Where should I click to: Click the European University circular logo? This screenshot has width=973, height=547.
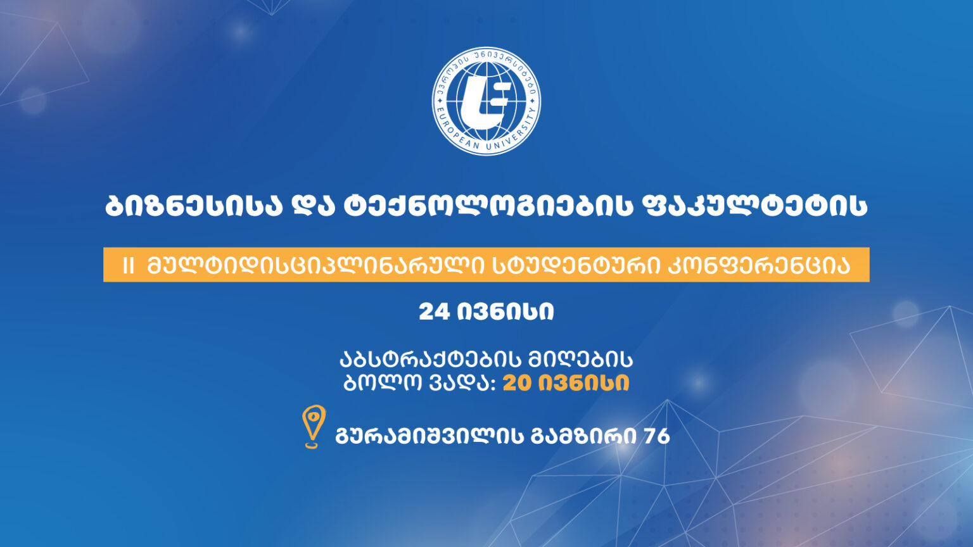(x=486, y=101)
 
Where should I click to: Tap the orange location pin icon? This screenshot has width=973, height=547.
(x=314, y=426)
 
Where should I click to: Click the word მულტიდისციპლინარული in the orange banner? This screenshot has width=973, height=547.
(x=316, y=265)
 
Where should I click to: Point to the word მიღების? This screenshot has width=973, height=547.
(x=580, y=360)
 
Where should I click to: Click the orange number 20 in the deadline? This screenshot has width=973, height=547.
(x=518, y=383)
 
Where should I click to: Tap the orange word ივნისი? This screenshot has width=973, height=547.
(x=584, y=383)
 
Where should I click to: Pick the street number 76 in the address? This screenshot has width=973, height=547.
(x=656, y=436)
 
